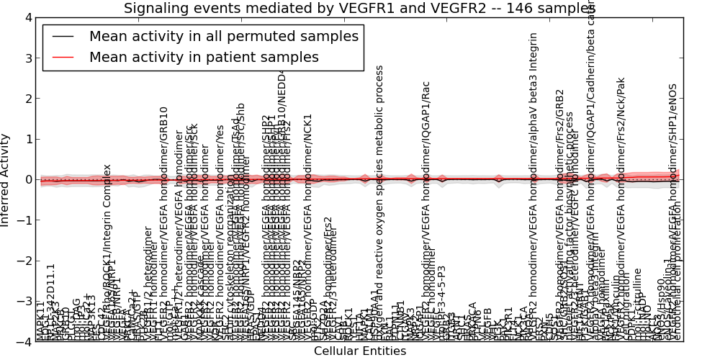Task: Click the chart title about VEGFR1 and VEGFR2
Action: pos(359,8)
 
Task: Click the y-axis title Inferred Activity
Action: pos(6,179)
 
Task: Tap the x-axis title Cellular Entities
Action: pos(359,351)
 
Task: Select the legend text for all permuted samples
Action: pos(223,37)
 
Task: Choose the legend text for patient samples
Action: pos(204,57)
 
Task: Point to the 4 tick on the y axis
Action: pos(28,17)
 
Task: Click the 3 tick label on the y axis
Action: pos(28,58)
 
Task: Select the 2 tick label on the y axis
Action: pos(28,99)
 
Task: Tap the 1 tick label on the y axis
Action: pos(28,139)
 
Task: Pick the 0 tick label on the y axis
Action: pos(28,179)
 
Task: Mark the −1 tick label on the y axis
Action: pos(25,220)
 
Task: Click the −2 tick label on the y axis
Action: pos(25,261)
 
